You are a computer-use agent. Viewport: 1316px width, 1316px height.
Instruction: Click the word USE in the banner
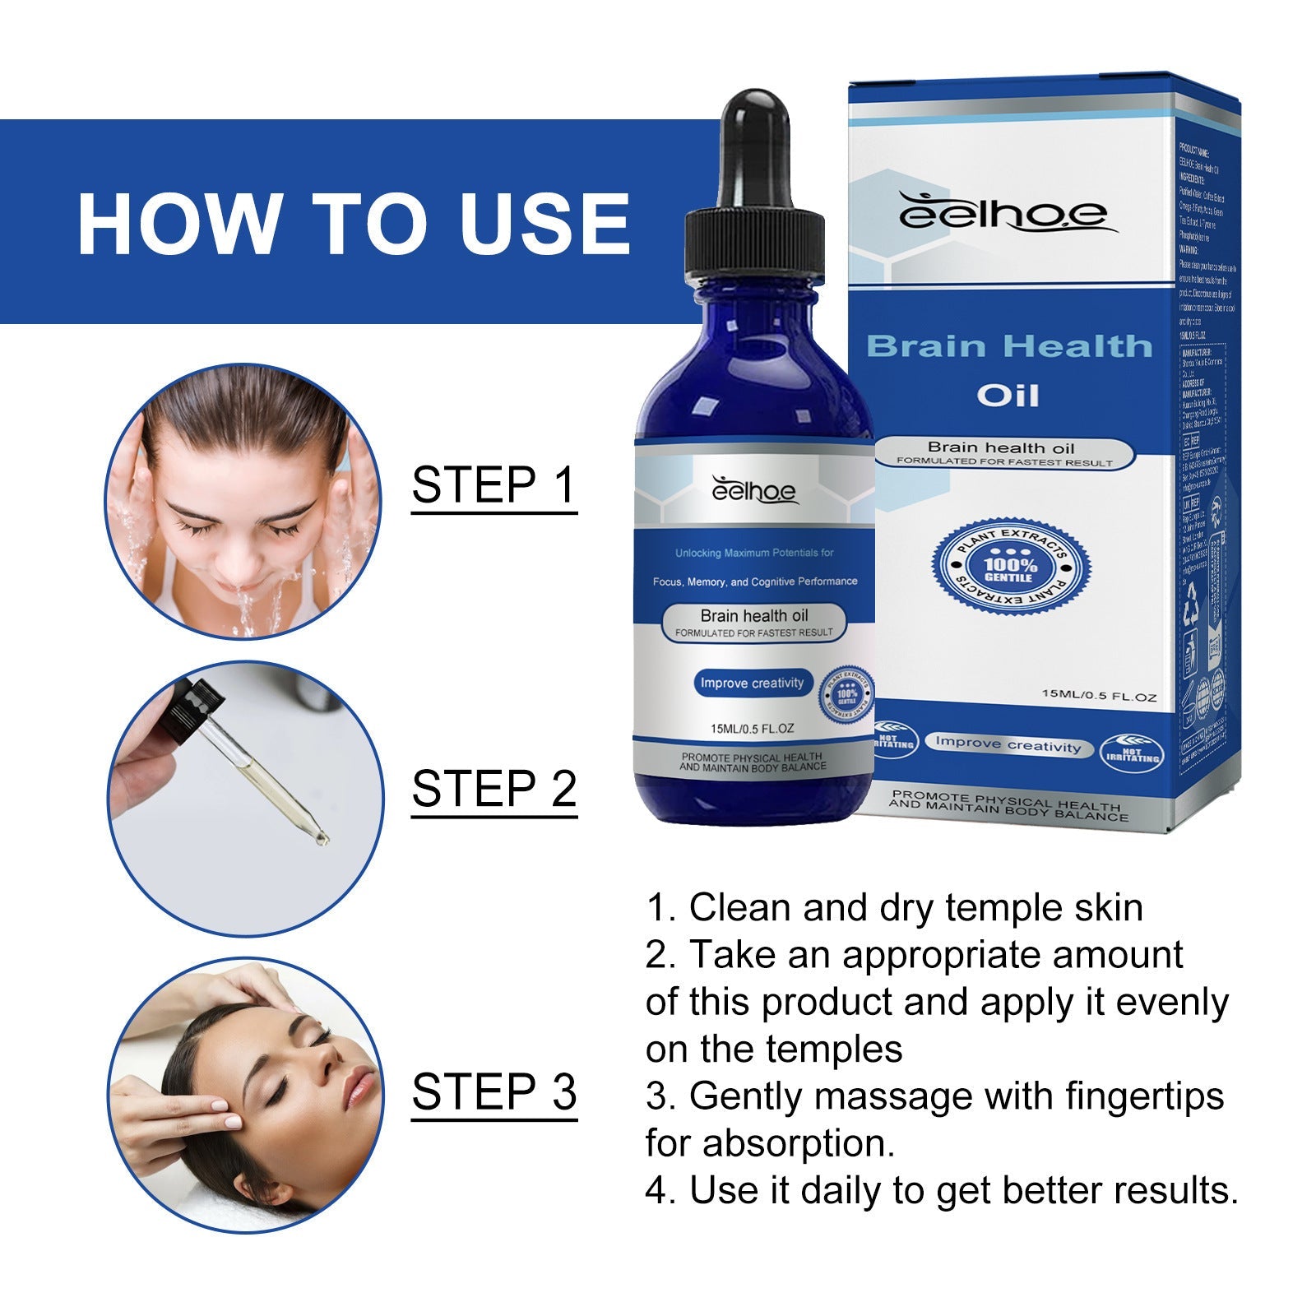coord(544,225)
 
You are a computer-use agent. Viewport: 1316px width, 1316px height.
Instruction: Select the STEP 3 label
coord(493,1092)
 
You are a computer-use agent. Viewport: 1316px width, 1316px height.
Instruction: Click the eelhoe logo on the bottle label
coord(753,491)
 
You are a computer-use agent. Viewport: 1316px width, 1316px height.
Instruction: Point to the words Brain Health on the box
coord(1008,346)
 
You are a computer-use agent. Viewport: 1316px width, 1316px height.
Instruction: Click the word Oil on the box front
coord(1008,396)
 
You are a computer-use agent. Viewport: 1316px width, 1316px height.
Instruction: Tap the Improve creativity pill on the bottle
coord(752,683)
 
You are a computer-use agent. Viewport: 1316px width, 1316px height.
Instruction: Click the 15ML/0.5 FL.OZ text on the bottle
coord(752,729)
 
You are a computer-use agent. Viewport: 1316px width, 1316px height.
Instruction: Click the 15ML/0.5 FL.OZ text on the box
coord(1099,697)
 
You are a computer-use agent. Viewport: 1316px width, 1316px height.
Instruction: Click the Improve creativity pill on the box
coord(1008,744)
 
